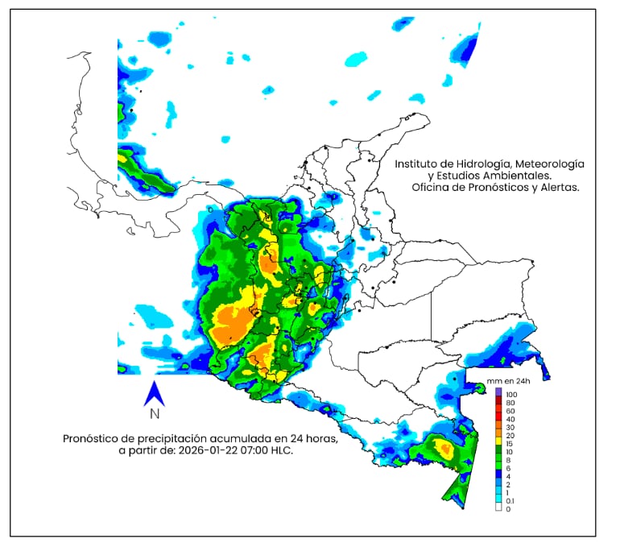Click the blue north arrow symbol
pos(154,393)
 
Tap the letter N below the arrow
pos(154,415)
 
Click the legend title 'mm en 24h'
pos(505,380)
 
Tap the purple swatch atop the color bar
pos(498,392)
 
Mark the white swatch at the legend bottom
pos(498,508)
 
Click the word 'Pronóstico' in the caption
pos(93,438)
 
